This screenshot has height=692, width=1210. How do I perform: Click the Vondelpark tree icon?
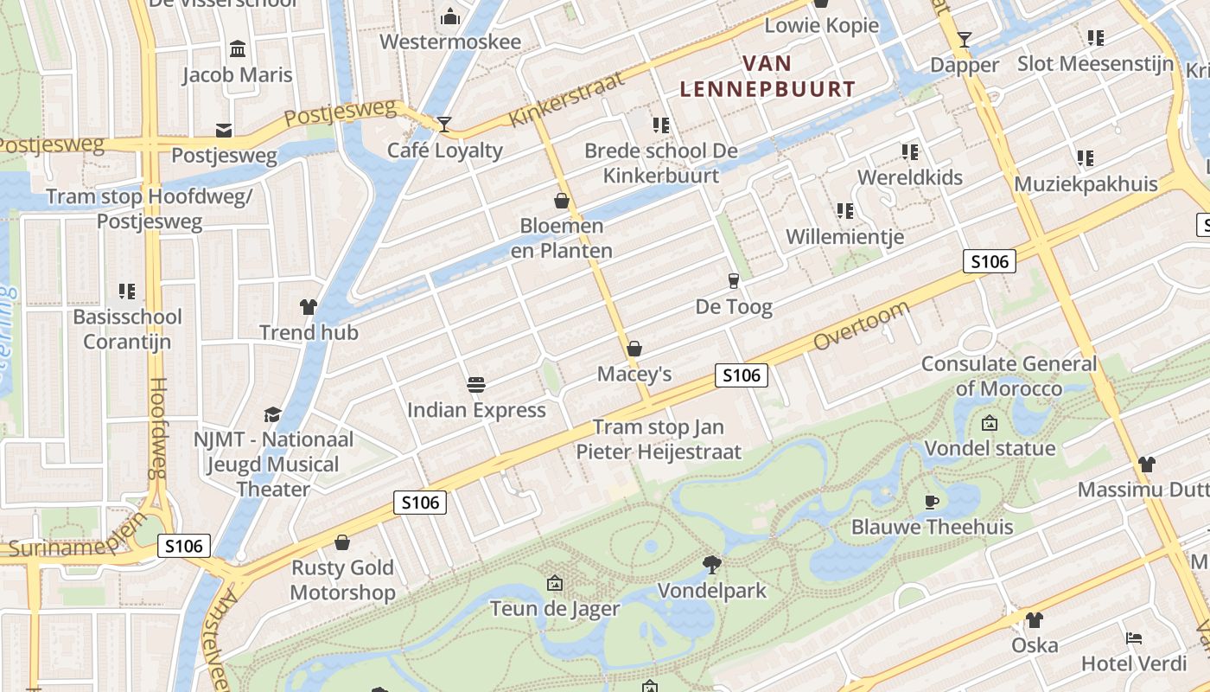point(712,565)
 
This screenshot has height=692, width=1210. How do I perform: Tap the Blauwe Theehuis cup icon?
point(932,502)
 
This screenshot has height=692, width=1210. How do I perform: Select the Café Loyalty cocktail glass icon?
point(444,125)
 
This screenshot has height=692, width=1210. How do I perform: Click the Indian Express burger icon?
point(475,384)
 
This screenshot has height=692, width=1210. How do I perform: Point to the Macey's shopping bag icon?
point(634,349)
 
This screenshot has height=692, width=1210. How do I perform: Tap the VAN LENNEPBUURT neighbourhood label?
point(767,76)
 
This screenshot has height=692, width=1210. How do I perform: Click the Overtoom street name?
point(862,325)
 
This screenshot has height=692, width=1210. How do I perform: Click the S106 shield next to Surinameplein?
point(184,546)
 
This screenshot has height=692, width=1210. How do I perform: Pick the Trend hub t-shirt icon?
point(309,306)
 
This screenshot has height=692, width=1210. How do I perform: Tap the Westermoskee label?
point(450,42)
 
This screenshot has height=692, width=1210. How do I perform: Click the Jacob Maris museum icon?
point(238,48)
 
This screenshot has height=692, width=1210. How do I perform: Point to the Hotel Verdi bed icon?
point(1134,638)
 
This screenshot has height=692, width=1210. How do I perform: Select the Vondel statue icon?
point(990,423)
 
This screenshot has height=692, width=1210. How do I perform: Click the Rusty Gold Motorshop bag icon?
point(342,542)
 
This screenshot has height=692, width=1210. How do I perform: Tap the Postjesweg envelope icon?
point(224,131)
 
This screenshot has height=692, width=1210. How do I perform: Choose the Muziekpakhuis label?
point(1086,184)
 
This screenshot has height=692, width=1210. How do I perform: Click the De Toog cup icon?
point(734,280)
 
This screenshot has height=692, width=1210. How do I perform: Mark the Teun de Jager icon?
point(555,583)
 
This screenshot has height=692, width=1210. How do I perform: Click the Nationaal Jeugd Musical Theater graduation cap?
point(273,414)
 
